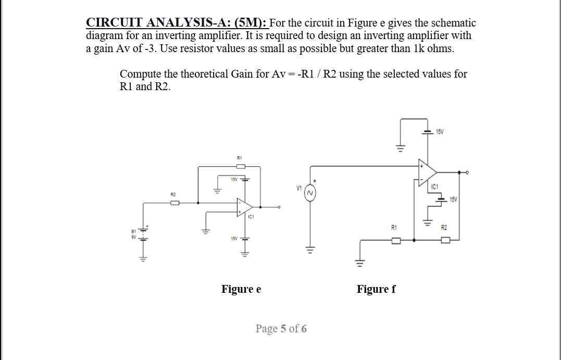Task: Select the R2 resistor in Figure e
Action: click(174, 202)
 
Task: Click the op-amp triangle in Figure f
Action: click(428, 171)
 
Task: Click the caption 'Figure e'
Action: click(241, 289)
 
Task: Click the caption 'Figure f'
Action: click(376, 289)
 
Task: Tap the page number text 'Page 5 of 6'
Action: click(281, 329)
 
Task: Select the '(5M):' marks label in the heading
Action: click(251, 23)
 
